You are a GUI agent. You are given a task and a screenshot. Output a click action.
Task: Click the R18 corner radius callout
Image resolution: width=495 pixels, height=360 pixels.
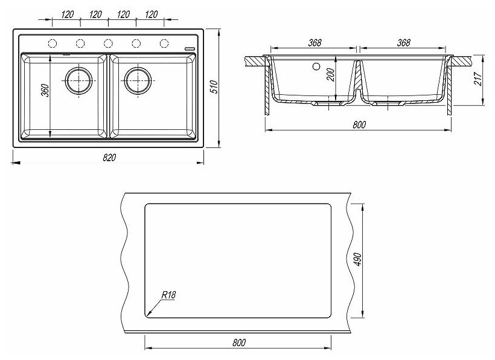168,295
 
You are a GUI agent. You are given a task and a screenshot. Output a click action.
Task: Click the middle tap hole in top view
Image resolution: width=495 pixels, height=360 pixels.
108,43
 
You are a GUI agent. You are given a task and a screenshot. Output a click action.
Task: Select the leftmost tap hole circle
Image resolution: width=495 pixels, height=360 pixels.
52,43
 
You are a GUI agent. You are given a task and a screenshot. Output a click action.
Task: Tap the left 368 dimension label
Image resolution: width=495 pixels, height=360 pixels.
313,42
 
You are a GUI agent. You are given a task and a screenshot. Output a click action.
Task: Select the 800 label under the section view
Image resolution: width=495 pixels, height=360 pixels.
359,124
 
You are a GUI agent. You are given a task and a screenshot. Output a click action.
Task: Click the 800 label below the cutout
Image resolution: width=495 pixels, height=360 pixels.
238,343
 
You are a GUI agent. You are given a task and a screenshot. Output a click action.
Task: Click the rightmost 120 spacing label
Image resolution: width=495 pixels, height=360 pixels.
151,13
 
